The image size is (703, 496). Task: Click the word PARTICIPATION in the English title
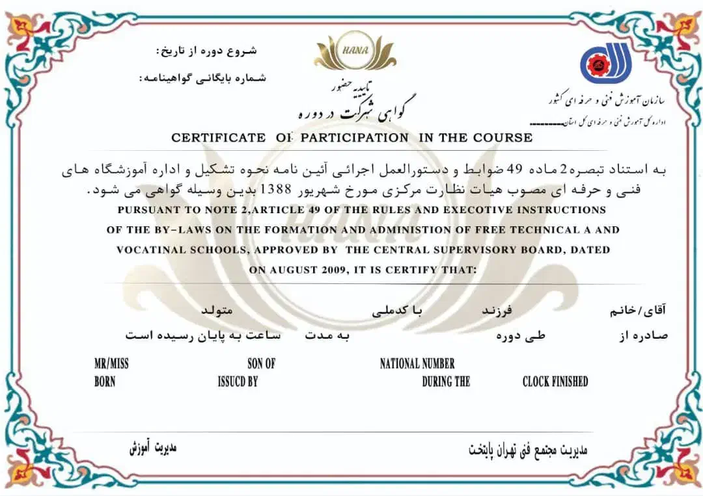pos(354,138)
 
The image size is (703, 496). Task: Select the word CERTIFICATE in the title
pos(218,138)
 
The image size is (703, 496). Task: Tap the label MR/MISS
pos(111,364)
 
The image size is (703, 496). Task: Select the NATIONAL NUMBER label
pos(417,364)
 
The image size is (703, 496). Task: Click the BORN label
pos(105,382)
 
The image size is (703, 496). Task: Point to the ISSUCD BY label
pos(238,382)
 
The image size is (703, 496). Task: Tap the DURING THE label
pos(446,382)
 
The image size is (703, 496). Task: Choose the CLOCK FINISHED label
pos(555,382)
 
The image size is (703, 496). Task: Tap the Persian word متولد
pos(217,311)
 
